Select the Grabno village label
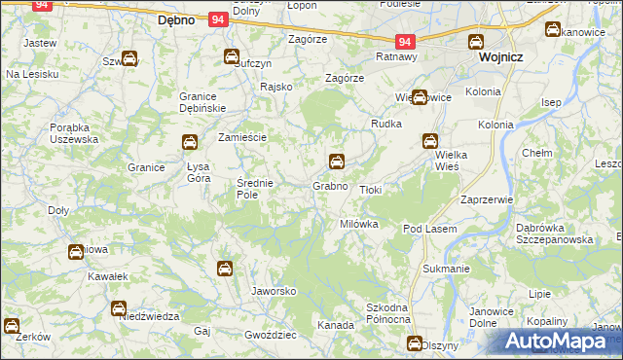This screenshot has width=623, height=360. (x=330, y=185)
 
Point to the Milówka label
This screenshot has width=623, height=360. (x=358, y=224)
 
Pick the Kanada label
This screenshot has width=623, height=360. (x=336, y=325)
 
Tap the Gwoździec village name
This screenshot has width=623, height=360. (x=271, y=334)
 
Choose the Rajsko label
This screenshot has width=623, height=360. (x=276, y=87)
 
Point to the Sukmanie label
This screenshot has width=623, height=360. (x=447, y=267)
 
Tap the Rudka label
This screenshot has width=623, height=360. (x=386, y=125)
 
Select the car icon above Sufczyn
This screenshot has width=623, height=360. (x=232, y=56)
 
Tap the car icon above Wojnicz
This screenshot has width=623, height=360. (x=476, y=42)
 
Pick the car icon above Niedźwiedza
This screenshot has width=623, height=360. (x=119, y=308)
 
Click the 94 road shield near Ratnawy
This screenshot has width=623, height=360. (x=406, y=42)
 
